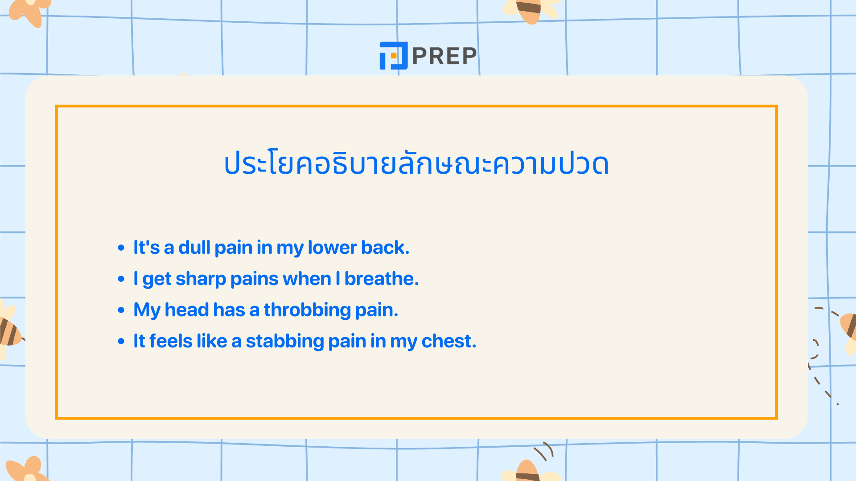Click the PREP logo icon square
393,56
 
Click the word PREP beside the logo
444,56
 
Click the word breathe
382,278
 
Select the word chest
449,341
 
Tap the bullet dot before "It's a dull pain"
121,248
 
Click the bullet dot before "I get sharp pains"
121,279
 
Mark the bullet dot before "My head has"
121,310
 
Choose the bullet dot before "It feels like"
121,341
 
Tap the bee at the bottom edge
529,470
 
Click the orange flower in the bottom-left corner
27,469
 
